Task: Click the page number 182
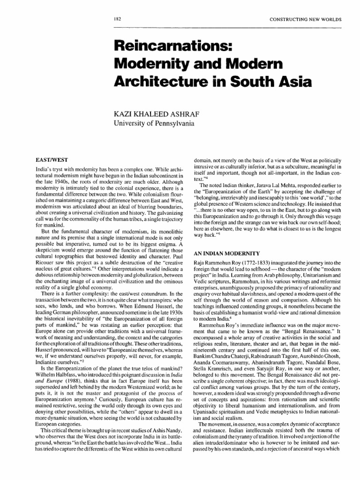(118, 19)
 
